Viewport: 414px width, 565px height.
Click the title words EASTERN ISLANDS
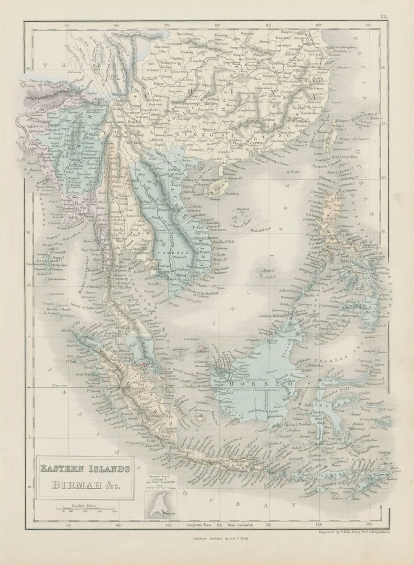point(85,468)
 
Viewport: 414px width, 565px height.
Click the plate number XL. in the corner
point(383,16)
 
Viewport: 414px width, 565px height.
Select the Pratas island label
point(294,172)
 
